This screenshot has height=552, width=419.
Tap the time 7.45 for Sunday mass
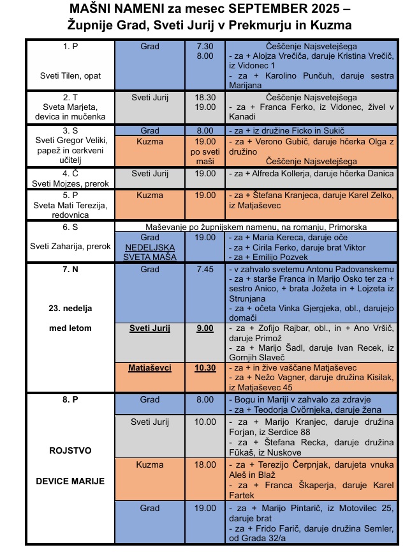[x=205, y=270]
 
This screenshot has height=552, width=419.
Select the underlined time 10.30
[x=205, y=368]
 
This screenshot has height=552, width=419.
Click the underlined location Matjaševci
[x=150, y=368]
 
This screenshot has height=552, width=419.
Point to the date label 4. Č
[x=70, y=172]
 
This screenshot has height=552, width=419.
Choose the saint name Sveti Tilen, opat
[x=70, y=75]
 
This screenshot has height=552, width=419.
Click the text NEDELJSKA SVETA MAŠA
[x=150, y=251]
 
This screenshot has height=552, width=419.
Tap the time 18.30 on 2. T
[x=205, y=97]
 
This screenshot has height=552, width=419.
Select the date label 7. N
[x=70, y=270]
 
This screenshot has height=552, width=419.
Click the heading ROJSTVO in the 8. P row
[x=70, y=450]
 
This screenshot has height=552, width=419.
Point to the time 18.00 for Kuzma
[x=205, y=464]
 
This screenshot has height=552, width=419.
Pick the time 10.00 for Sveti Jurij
[x=205, y=422]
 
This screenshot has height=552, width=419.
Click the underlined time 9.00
[x=205, y=328]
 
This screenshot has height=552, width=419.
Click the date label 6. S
[x=70, y=227]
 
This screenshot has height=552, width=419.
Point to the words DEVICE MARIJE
[x=70, y=480]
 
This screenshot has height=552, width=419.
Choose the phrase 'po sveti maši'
[x=205, y=157]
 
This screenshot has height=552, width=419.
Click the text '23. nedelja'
[x=70, y=308]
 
